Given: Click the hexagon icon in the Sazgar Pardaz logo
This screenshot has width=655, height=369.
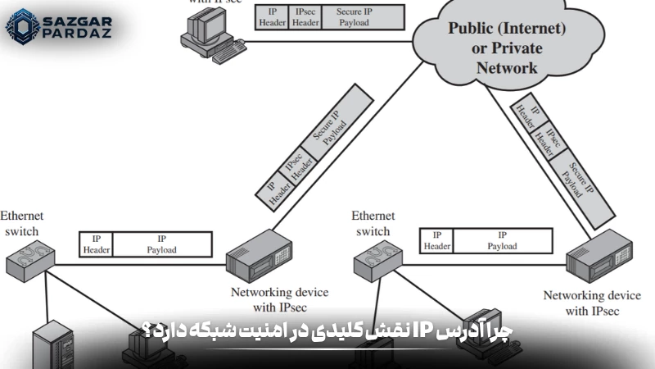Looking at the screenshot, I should [x=22, y=26].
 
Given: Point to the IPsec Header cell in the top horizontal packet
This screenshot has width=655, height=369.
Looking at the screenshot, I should [x=306, y=17].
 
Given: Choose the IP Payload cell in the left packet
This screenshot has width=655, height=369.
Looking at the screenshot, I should [x=161, y=244].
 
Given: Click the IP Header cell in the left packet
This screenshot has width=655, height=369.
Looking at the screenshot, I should [x=96, y=244].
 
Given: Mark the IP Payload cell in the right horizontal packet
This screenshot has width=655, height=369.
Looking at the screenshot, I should [x=502, y=239].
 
